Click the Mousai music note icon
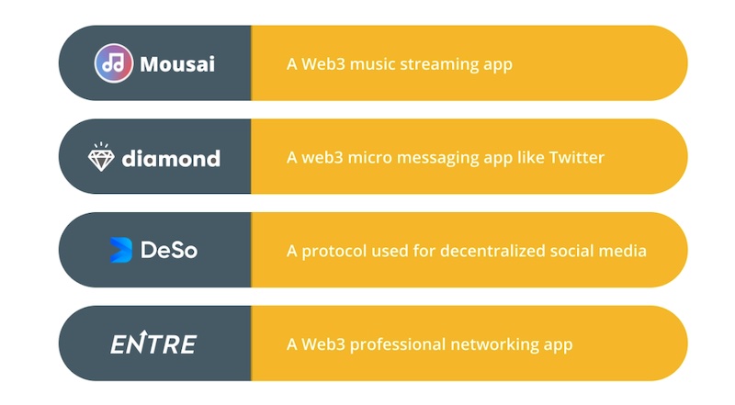113,63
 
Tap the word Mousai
177,64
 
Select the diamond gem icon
101,157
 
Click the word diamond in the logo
171,159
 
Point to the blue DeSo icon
120,250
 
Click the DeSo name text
169,250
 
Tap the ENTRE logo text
153,343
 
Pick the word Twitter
577,157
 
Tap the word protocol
334,252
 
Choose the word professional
398,345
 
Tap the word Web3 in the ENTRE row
323,344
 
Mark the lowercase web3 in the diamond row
322,158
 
